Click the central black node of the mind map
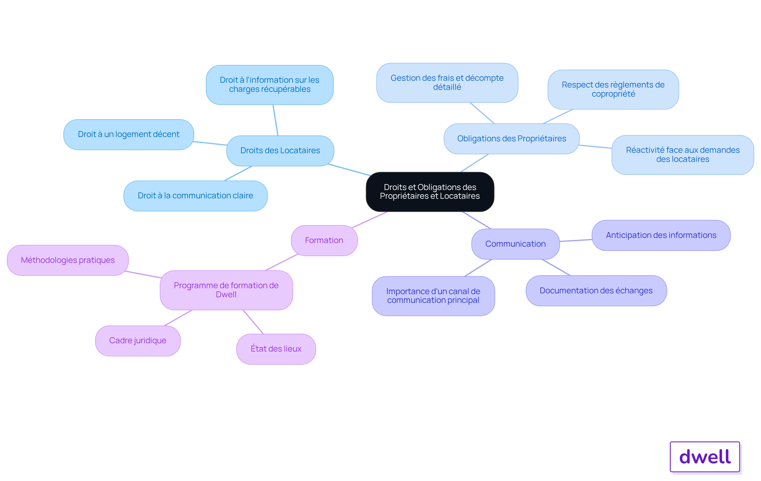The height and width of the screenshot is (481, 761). (x=430, y=192)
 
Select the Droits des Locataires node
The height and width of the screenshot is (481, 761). (x=280, y=151)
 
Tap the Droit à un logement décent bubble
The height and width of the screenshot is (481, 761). (x=129, y=135)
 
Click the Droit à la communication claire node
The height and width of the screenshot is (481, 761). (x=195, y=196)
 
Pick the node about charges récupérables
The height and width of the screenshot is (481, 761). (x=270, y=85)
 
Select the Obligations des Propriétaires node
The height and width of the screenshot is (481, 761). (x=512, y=139)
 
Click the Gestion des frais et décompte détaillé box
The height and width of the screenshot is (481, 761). (x=447, y=83)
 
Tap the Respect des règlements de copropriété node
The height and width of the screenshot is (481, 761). (x=613, y=89)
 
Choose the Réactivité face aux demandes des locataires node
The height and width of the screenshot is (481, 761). (x=683, y=155)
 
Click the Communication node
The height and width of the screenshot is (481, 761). (x=516, y=244)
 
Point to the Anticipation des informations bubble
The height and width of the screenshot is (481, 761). (x=661, y=235)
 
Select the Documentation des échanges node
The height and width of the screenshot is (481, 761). (x=596, y=291)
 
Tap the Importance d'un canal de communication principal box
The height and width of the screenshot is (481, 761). (x=433, y=296)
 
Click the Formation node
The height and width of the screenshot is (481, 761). (x=324, y=241)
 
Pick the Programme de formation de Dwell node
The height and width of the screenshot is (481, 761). (x=226, y=290)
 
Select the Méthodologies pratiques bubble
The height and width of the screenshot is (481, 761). (x=68, y=260)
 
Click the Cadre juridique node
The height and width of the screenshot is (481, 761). (x=138, y=341)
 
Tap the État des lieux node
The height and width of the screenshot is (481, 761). (x=276, y=349)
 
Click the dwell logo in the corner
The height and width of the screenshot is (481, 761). (x=705, y=457)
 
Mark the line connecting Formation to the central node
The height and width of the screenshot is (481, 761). (x=369, y=220)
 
